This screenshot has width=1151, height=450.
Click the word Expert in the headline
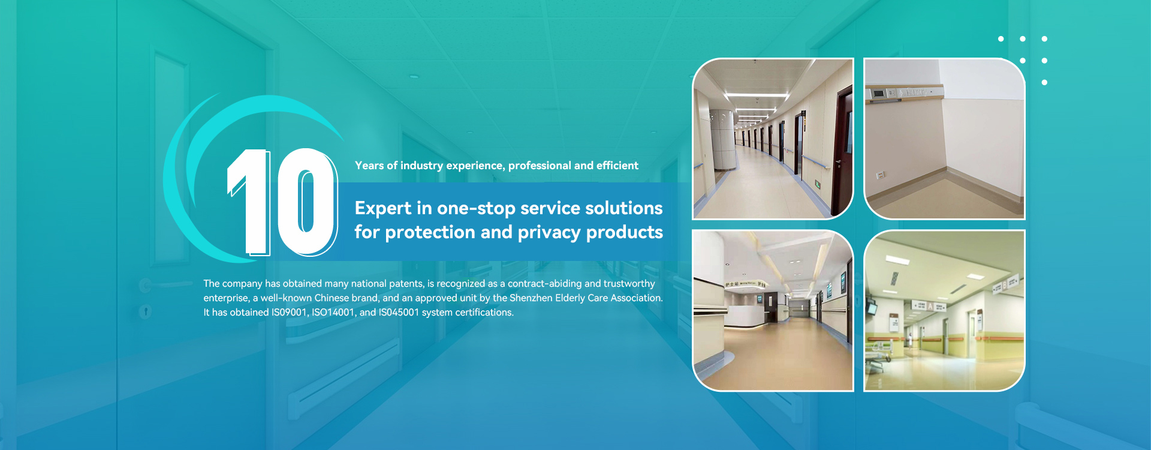(x=383, y=208)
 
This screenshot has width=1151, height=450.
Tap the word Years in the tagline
(x=369, y=166)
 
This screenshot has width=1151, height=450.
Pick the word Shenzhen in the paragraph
(x=531, y=298)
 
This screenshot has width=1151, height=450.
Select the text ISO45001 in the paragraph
(x=399, y=313)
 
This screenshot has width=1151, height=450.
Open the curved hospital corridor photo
(x=773, y=139)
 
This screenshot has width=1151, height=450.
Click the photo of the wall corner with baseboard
(x=944, y=139)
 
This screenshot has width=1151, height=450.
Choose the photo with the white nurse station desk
(x=773, y=311)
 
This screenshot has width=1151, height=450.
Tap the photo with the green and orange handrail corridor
(x=944, y=311)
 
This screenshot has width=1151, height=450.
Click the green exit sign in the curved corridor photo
(x=818, y=184)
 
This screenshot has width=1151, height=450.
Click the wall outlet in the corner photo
(x=881, y=175)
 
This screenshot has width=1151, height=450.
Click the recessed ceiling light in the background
(x=414, y=77)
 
